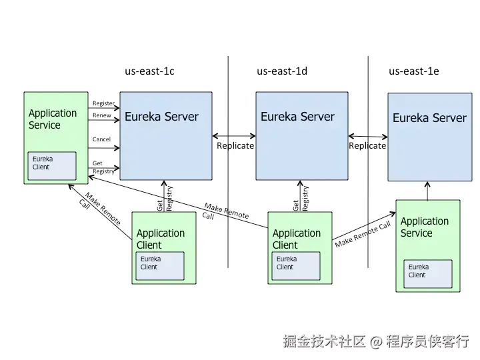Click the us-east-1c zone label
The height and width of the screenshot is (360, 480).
[x=149, y=71]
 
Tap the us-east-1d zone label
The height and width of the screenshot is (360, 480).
[x=282, y=71]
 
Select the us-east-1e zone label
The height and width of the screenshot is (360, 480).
[x=413, y=71]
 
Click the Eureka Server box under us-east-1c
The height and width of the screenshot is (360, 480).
[x=166, y=135]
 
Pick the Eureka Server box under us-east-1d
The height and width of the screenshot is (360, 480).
[x=302, y=135]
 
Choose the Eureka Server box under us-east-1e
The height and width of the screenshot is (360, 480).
[x=430, y=137]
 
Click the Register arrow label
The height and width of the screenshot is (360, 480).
[x=103, y=103]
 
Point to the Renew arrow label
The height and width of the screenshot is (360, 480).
[x=102, y=115]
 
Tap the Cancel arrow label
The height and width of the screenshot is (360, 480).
[x=101, y=139]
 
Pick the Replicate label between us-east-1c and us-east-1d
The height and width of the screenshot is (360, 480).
[x=235, y=145]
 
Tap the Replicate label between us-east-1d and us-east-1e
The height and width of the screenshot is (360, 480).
[x=367, y=145]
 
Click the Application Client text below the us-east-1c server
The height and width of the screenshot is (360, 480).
[x=161, y=239]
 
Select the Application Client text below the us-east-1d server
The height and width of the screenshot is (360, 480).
[x=297, y=239]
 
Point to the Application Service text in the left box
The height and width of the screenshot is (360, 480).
[x=53, y=119]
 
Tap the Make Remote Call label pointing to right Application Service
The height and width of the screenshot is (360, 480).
[x=363, y=235]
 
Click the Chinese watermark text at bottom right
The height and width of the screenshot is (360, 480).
[x=376, y=341]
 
